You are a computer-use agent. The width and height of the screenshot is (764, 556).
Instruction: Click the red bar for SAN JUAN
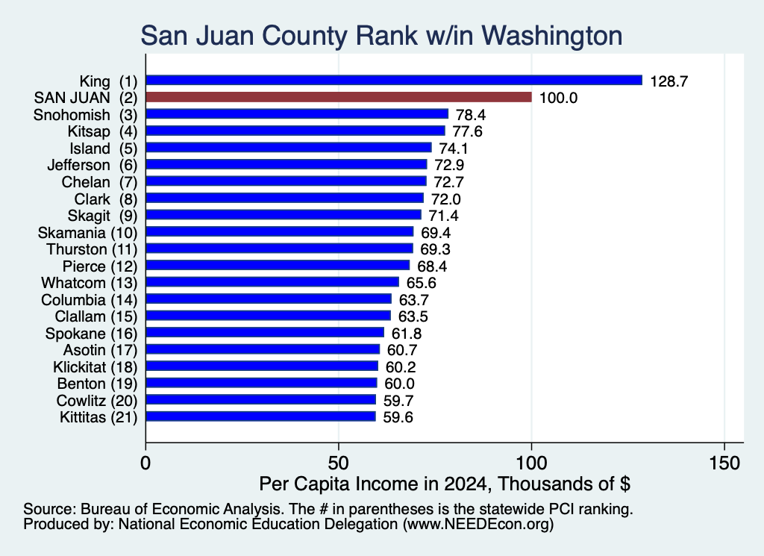point(339,97)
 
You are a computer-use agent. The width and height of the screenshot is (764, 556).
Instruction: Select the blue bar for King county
point(394,81)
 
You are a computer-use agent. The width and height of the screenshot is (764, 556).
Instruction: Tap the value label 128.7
point(669,81)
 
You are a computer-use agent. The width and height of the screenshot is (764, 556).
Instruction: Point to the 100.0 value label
point(558,98)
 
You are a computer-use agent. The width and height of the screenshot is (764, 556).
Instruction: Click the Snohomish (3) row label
point(86,115)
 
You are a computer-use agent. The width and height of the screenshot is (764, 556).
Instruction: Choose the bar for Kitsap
point(295,131)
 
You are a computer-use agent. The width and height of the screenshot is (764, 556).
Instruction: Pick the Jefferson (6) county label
point(93,165)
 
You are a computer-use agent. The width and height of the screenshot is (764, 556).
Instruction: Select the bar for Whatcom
point(272,282)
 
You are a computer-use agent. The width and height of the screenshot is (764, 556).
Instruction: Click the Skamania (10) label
point(88,232)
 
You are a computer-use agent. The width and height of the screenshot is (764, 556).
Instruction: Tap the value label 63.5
point(413,316)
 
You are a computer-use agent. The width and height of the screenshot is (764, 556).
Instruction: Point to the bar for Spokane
point(265,332)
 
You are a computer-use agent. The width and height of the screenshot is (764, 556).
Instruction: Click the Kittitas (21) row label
point(99,418)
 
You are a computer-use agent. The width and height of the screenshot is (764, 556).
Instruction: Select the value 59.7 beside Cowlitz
point(398,401)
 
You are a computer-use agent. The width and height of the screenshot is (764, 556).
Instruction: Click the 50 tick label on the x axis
point(338,463)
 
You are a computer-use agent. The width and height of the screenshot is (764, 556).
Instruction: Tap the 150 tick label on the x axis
point(724,463)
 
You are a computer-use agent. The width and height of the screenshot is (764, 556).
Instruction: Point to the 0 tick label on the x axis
point(145,463)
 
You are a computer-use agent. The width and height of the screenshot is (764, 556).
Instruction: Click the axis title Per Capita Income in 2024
point(373,484)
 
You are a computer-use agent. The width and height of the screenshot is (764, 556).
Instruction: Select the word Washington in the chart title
point(554,36)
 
